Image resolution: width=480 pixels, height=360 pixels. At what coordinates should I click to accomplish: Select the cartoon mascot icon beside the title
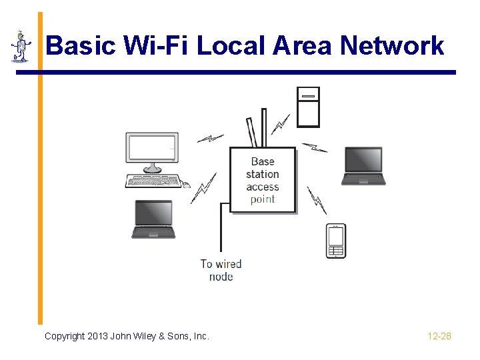[21, 46]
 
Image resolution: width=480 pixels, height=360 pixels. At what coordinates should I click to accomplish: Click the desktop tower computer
[308, 107]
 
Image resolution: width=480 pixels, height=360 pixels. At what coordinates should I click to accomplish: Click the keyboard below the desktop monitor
[153, 181]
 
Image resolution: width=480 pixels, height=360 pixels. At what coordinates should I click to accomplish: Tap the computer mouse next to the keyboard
[187, 185]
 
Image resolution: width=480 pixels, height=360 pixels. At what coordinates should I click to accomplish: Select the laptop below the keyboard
[153, 219]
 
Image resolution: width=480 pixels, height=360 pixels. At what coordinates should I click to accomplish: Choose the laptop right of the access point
[363, 165]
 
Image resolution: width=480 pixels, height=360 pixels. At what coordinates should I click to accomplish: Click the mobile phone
[335, 240]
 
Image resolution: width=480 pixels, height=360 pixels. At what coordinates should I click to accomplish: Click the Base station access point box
[263, 180]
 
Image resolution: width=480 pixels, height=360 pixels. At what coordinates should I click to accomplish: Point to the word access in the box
[263, 187]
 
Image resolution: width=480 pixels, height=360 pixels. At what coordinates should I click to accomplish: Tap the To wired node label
[221, 270]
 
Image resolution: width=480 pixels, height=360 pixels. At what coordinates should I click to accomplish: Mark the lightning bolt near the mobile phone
[316, 199]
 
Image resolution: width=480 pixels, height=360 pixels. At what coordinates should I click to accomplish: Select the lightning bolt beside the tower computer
[281, 124]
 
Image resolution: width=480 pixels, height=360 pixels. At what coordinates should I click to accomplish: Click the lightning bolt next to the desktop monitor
[211, 139]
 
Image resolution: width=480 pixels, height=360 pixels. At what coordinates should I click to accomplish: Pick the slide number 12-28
[439, 336]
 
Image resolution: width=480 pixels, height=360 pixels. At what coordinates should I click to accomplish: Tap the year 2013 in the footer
[98, 336]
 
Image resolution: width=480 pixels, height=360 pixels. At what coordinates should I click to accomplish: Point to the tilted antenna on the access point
[251, 132]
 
